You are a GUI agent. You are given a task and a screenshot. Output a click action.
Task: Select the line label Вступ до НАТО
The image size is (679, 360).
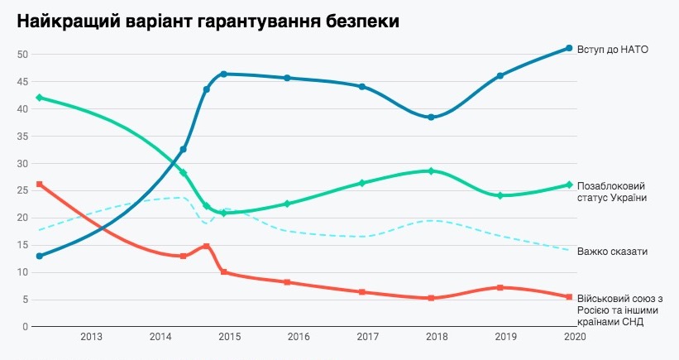click(x=611, y=49)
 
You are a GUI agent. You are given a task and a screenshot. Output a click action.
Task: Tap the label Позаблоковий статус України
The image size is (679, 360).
click(x=611, y=191)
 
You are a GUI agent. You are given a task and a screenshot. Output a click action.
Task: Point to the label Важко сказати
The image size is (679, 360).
click(x=613, y=251)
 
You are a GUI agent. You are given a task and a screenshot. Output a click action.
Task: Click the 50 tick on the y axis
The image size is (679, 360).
click(x=22, y=55)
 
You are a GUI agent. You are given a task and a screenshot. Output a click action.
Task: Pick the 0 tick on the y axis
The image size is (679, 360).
click(x=26, y=326)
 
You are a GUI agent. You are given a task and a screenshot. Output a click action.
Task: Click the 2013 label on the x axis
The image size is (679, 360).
click(x=91, y=338)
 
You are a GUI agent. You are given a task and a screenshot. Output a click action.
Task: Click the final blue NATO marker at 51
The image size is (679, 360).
click(x=569, y=48)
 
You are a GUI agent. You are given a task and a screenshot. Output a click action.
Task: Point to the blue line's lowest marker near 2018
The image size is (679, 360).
click(x=431, y=117)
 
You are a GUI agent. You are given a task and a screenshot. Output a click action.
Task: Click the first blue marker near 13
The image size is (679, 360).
click(x=40, y=256)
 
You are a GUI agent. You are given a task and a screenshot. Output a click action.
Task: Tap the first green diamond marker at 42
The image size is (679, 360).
click(x=40, y=98)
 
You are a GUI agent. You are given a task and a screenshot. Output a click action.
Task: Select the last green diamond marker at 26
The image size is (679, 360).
click(x=569, y=185)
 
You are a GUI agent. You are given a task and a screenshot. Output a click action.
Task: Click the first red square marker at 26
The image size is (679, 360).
click(x=40, y=184)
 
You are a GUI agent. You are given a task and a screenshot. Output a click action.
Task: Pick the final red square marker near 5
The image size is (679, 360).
click(x=569, y=296)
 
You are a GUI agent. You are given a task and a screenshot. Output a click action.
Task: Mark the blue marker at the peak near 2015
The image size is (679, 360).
click(x=224, y=74)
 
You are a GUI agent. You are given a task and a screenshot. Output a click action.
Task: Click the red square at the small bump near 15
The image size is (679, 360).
click(x=207, y=246)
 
